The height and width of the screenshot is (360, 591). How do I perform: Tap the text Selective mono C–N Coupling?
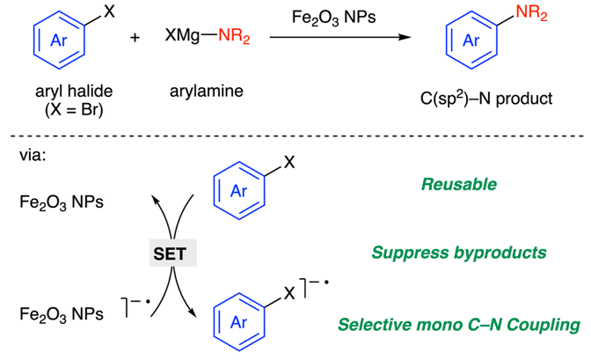459,326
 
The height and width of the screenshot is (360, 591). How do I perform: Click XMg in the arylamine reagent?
181,38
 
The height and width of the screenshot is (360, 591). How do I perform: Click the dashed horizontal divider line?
295,136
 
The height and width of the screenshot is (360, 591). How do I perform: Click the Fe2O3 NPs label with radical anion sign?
58,313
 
